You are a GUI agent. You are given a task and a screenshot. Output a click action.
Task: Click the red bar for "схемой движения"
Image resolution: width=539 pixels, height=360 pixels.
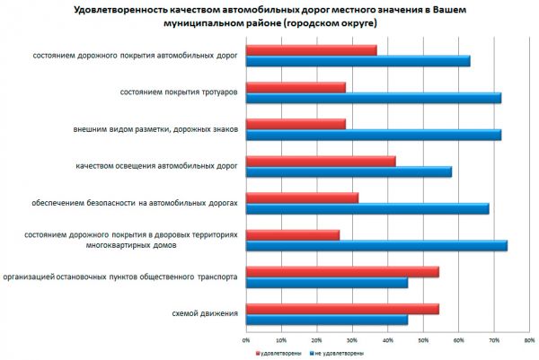point(341,309)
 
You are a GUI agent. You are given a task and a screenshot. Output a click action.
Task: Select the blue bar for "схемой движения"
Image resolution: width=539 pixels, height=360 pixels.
point(326,319)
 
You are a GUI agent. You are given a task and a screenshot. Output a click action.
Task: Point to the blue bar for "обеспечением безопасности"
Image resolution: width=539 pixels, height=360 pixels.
point(367,208)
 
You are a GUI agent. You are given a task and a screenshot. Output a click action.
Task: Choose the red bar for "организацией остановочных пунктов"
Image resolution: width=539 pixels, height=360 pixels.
point(341,271)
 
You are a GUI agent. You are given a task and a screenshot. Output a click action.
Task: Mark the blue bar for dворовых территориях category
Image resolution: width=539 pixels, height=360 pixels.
point(376,245)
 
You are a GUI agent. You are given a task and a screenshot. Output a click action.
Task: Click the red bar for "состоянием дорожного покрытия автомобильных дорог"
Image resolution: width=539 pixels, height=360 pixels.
point(311,50)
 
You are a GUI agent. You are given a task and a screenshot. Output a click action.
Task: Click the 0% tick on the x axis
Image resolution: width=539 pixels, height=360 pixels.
point(246,340)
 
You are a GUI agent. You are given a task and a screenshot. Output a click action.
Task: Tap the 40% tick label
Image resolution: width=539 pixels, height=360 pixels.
point(388,340)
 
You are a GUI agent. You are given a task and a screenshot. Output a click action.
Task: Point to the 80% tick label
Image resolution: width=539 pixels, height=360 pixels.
point(530,340)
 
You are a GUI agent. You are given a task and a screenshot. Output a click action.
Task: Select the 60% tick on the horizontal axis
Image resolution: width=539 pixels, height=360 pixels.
point(459,340)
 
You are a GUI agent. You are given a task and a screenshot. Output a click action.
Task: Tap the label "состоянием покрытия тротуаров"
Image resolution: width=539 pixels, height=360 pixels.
point(179,92)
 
